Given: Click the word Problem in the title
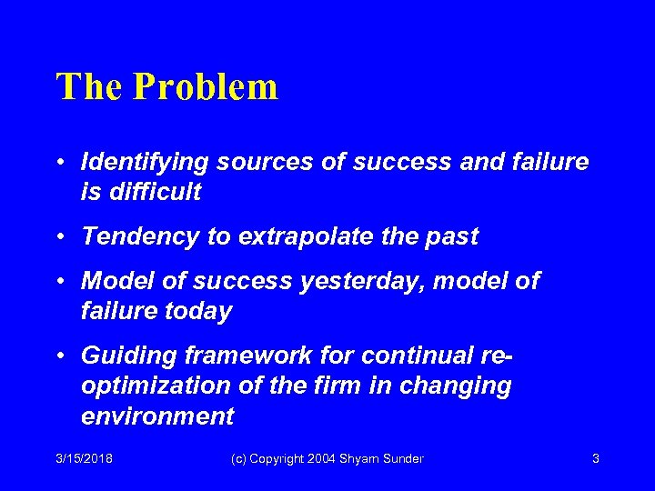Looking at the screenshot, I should coord(206,87).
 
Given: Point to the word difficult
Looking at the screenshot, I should coord(152,193).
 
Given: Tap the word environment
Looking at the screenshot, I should coord(156,416).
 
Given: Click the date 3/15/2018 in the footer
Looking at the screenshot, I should coord(84,459).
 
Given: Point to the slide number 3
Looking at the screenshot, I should coord(595,459).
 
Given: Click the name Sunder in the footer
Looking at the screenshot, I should coord(402,459).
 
